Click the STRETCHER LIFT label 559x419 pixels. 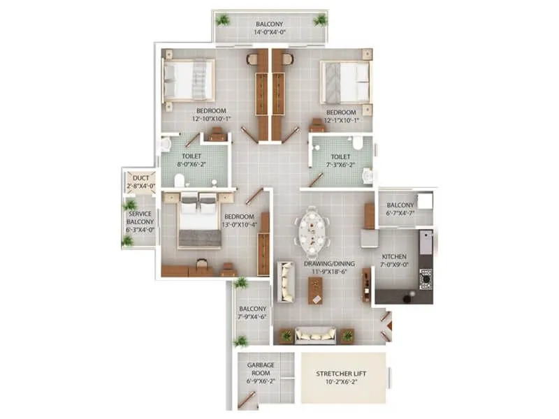pos(342,374)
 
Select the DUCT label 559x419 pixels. pos(140,178)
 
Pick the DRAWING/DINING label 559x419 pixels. pos(329,263)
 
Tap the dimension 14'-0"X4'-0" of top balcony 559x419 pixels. pos(269,31)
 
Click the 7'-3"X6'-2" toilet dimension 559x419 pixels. pos(340,165)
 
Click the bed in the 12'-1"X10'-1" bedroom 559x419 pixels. pos(345,82)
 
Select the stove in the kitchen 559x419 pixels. pos(426,279)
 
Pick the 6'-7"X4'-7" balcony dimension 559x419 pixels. pos(402,213)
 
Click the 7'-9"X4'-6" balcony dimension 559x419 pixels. pos(253,316)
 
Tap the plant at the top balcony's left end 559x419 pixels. pos(223,20)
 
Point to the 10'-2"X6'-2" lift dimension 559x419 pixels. pos(342,382)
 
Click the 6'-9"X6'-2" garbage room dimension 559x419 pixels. pos(259,381)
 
